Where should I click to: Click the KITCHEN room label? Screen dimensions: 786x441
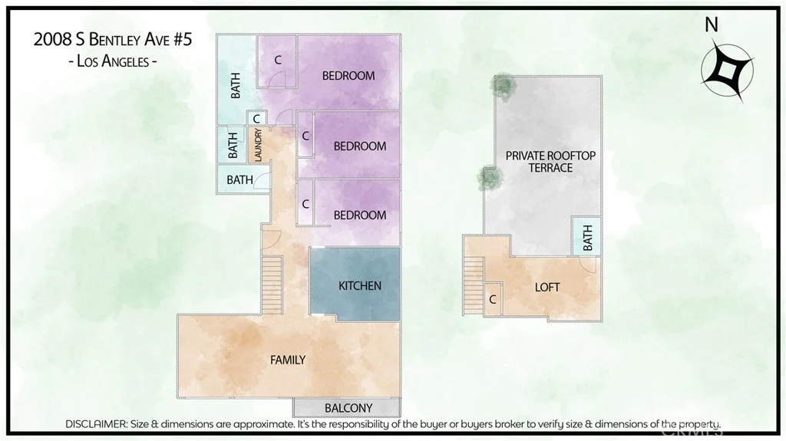[x=360, y=285]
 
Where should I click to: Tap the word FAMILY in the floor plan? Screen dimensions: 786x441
[x=288, y=360]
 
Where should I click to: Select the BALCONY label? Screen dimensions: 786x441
[x=348, y=408]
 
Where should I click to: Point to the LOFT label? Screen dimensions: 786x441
[x=547, y=287]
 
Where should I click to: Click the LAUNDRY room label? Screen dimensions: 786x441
[x=258, y=145]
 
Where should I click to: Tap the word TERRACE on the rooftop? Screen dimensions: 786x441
[x=550, y=168]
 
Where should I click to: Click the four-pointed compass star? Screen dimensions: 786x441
[x=728, y=72]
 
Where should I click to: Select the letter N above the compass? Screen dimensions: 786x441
[x=712, y=25]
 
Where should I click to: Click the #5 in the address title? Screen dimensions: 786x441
[x=182, y=39]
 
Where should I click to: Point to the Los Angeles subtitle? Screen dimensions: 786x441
[x=113, y=61]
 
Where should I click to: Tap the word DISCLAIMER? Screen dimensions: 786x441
[x=96, y=424]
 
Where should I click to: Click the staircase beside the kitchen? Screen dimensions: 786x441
[x=272, y=285]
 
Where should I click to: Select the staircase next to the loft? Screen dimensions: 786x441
[x=473, y=285]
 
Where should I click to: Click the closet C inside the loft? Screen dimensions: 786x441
[x=493, y=299]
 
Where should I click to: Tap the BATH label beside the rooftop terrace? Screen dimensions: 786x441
[x=587, y=238]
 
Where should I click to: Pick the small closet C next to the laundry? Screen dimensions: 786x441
[x=256, y=119]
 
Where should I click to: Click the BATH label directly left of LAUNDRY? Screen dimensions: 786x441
[x=233, y=145]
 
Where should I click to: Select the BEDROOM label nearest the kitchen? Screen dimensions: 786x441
[x=360, y=215]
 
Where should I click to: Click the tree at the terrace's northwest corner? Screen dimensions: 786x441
[x=504, y=86]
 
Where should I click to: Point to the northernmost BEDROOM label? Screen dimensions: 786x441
[x=348, y=76]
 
